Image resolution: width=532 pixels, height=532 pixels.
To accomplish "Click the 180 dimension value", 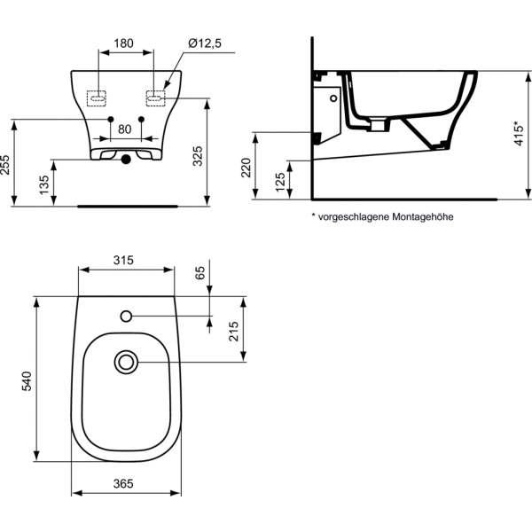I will [124, 43].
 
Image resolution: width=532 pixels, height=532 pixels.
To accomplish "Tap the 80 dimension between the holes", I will [124, 129].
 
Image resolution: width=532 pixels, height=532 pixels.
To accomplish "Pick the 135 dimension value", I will [45, 183].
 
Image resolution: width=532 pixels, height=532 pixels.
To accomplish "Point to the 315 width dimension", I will [124, 260].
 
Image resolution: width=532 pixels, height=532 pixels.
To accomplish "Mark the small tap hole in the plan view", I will [126, 316].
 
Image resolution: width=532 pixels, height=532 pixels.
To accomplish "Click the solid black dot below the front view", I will [125, 160].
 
